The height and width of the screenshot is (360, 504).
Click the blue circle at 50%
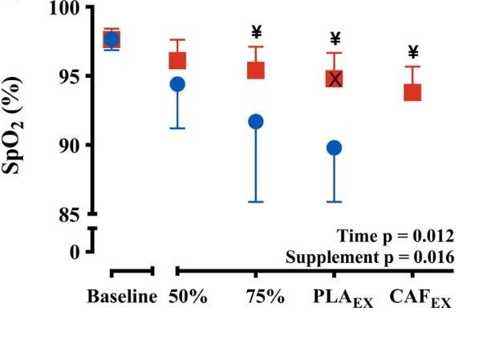tap(177, 84)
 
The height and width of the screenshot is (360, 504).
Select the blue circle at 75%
tap(256, 121)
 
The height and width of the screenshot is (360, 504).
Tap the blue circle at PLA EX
tap(335, 148)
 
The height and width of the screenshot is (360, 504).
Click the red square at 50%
tap(177, 60)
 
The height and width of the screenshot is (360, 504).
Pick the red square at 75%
tap(256, 70)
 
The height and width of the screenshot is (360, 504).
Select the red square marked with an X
tap(335, 78)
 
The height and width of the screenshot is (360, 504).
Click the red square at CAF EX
tap(413, 91)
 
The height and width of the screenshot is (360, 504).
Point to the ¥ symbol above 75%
tap(257, 32)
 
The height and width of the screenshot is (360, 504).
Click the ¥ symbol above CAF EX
tap(413, 53)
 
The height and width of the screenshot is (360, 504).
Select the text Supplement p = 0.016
tap(370, 257)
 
